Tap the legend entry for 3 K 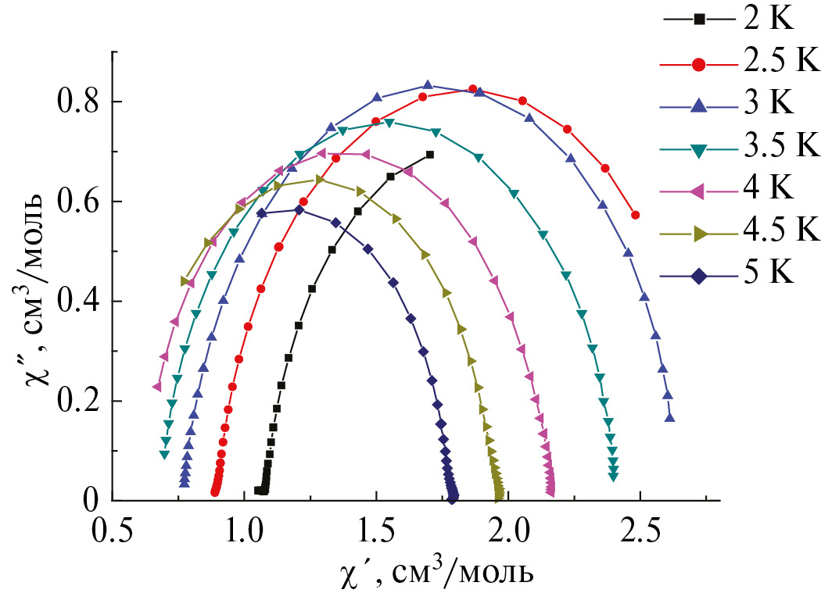pyautogui.click(x=767, y=103)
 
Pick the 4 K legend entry pyautogui.click(x=767, y=188)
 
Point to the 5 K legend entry pyautogui.click(x=767, y=275)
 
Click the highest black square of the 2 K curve pyautogui.click(x=429, y=155)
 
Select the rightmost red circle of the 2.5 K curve pyautogui.click(x=636, y=215)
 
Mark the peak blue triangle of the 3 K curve pyautogui.click(x=428, y=85)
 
